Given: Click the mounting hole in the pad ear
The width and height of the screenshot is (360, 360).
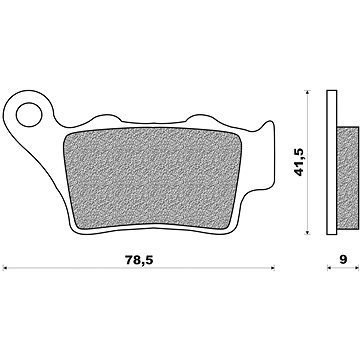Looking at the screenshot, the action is pyautogui.click(x=29, y=115).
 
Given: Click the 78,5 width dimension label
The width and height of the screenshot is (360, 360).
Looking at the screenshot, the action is pyautogui.click(x=139, y=260).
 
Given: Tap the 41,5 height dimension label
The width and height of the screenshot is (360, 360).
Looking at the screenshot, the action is pyautogui.click(x=299, y=162).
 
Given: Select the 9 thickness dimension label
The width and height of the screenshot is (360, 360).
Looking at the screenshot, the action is pyautogui.click(x=343, y=259).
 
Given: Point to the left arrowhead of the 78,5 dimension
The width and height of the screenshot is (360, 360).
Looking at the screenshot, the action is pyautogui.click(x=4, y=267).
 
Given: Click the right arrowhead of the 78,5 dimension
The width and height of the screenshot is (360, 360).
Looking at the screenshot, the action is pyautogui.click(x=272, y=267).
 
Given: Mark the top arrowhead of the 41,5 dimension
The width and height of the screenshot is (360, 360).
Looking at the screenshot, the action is pyautogui.click(x=308, y=92).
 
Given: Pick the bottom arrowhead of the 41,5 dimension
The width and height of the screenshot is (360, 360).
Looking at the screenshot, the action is pyautogui.click(x=308, y=232).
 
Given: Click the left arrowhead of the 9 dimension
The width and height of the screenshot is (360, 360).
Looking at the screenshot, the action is pyautogui.click(x=329, y=267).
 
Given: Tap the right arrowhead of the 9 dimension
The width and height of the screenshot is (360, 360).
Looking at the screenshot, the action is pyautogui.click(x=356, y=267).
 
